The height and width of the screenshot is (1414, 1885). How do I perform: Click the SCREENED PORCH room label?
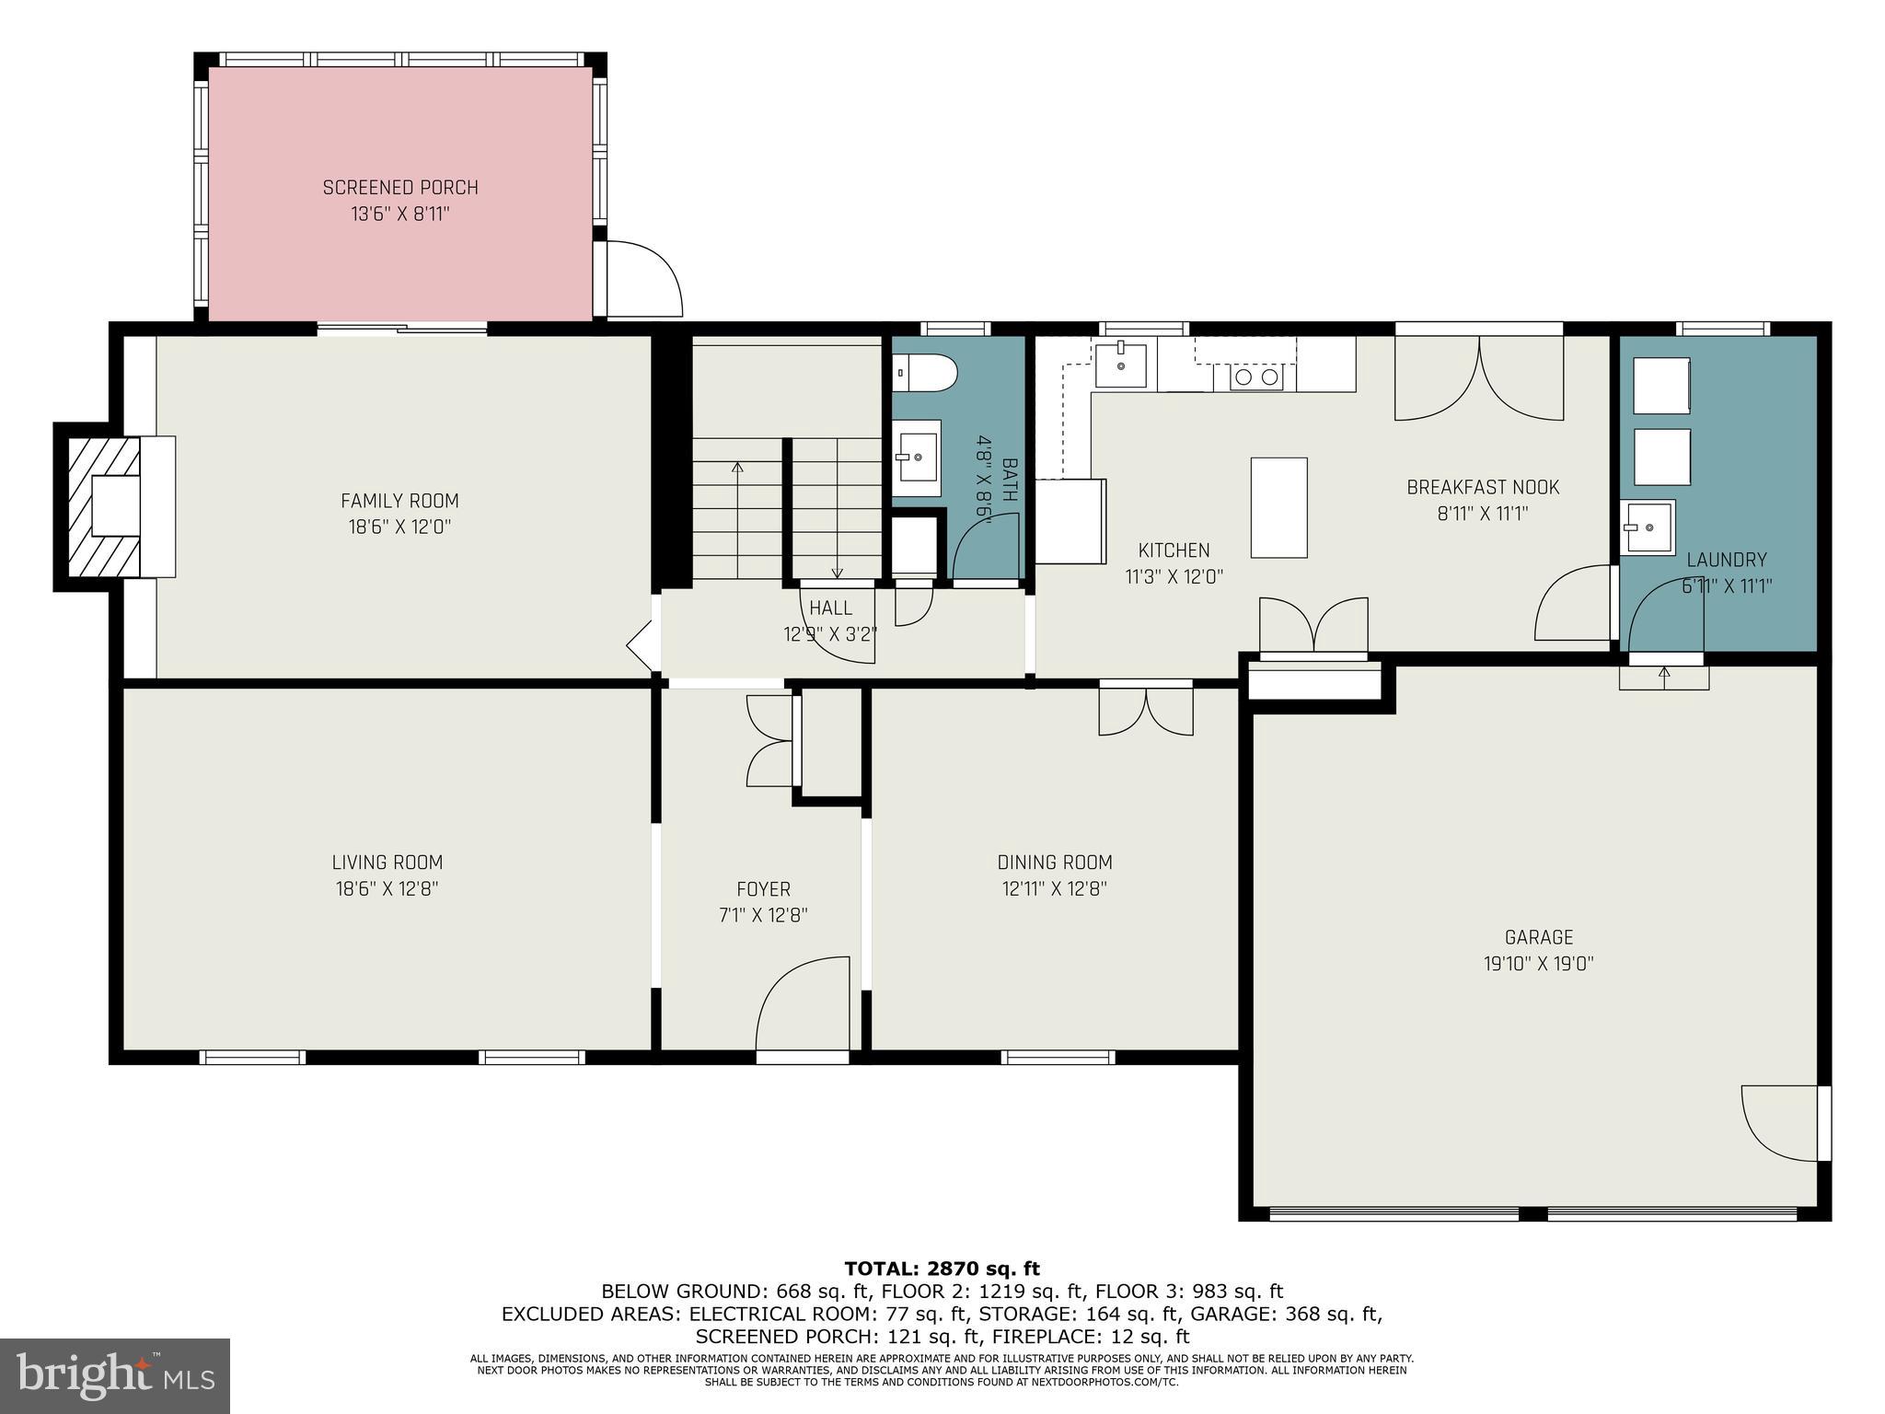click(x=400, y=188)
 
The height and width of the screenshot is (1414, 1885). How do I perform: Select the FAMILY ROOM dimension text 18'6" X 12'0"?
click(x=399, y=527)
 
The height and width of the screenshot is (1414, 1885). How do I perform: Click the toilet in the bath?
click(x=924, y=374)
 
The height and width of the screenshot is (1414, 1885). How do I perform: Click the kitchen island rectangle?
click(x=1278, y=507)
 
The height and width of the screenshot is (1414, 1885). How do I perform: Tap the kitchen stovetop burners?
click(x=1256, y=377)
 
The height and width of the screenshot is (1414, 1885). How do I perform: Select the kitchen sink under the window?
click(x=1121, y=365)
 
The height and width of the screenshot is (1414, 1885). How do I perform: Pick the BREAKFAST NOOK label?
click(x=1483, y=487)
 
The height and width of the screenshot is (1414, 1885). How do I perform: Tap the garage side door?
click(x=1782, y=1123)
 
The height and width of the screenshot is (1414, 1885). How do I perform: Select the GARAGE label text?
click(x=1538, y=937)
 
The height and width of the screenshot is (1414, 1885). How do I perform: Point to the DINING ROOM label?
click(x=1055, y=863)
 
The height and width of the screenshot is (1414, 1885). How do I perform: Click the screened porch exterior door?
click(x=642, y=278)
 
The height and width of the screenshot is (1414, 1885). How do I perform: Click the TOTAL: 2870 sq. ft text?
click(x=942, y=1269)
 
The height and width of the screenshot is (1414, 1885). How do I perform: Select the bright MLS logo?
click(x=115, y=1375)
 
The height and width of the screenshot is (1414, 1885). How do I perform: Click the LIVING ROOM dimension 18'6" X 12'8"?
click(x=387, y=889)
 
